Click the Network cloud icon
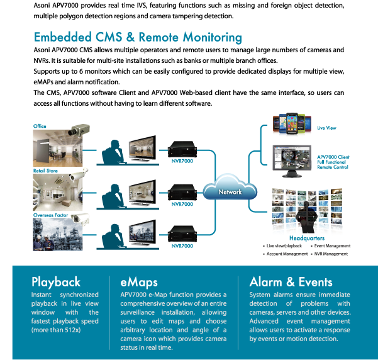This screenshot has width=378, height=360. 230,188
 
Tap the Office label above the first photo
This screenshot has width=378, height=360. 40,127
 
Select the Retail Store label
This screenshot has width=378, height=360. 45,171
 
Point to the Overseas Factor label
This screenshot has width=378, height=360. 50,215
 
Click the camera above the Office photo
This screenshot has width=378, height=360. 79,130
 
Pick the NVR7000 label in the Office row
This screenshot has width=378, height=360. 182,161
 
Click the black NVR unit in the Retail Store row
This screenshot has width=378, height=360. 182,192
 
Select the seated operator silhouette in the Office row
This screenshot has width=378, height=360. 113,152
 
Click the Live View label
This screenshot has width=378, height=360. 326,128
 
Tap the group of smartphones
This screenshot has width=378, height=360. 292,123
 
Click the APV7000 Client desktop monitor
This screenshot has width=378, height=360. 292,161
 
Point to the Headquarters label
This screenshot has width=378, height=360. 307,239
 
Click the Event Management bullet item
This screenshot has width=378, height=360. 332,246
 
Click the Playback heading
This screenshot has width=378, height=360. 56,283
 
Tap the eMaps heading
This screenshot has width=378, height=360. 139,283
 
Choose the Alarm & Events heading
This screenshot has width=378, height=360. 291,282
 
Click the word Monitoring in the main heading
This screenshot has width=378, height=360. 213,38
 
